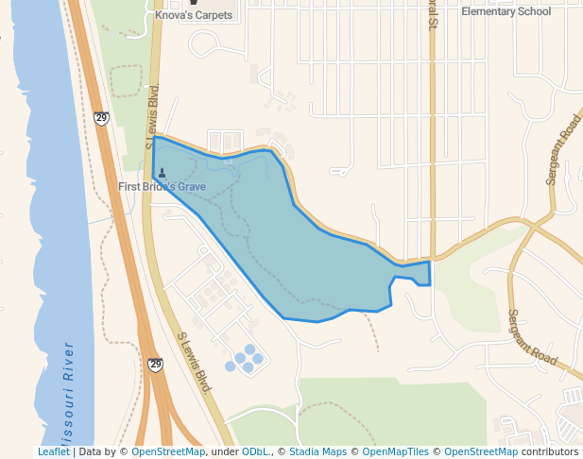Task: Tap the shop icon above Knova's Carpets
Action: pos(194,3)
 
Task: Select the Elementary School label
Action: pos(506,11)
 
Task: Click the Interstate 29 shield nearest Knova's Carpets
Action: pos(101,118)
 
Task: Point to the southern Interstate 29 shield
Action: pos(155,365)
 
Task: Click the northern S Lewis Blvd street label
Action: pos(152,117)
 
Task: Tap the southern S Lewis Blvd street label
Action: pos(192,363)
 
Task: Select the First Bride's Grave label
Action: pos(162,187)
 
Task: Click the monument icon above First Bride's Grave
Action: pos(162,173)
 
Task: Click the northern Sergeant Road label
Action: pos(561,149)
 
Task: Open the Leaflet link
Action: pos(53,452)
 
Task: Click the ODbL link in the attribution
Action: pos(255,452)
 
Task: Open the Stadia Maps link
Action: pos(317,452)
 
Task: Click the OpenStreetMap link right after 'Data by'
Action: pos(168,452)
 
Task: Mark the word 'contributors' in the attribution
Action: pos(550,452)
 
